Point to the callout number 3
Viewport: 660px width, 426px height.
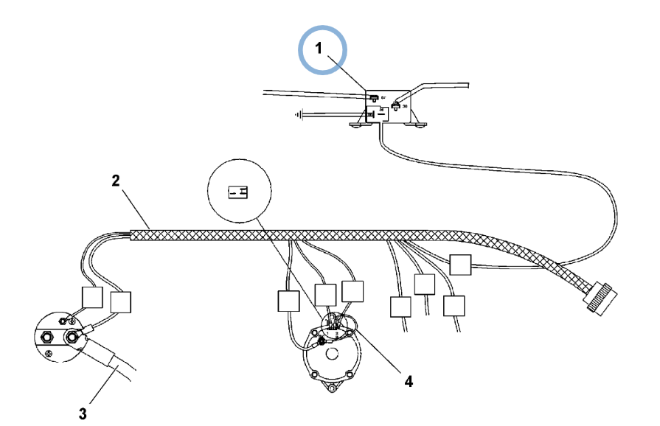tap(83, 413)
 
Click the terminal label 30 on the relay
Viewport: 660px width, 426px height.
tap(406, 105)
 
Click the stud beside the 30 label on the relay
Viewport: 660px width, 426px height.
tap(395, 105)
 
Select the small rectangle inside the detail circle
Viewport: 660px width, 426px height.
tap(237, 193)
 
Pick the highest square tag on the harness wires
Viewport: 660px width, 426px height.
tap(460, 265)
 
